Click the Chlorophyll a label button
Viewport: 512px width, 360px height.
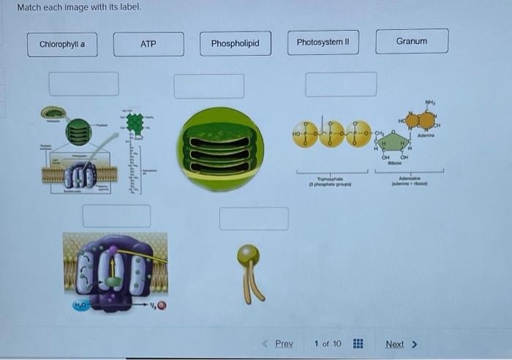[62, 44]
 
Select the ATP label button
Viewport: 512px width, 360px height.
[148, 44]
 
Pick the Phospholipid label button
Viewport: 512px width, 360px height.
[235, 44]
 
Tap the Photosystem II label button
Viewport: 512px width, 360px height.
[323, 42]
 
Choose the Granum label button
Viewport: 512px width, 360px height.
[412, 42]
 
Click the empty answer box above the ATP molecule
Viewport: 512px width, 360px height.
[341, 84]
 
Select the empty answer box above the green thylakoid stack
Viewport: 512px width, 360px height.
[209, 86]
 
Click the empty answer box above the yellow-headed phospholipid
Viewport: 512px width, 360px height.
[254, 218]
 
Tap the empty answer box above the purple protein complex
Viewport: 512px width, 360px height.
[116, 216]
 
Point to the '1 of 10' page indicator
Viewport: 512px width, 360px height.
[327, 344]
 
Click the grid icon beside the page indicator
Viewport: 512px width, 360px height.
[358, 344]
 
